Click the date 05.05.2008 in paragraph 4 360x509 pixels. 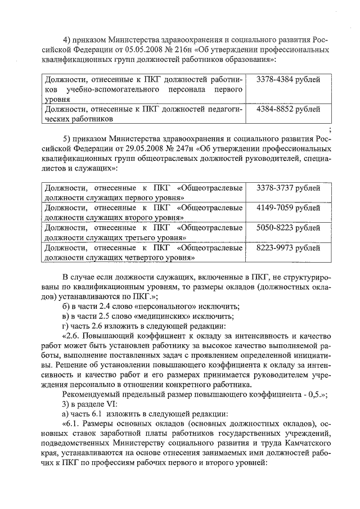[150, 50]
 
